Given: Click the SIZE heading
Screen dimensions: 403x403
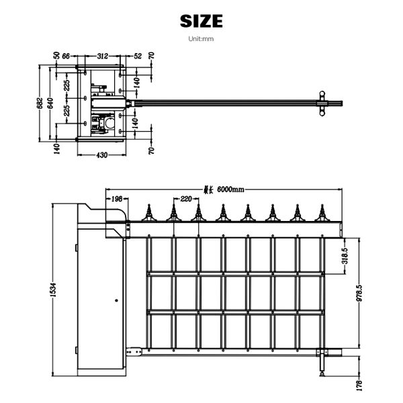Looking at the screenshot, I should [x=201, y=21].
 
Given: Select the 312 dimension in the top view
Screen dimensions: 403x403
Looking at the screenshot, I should [x=103, y=57].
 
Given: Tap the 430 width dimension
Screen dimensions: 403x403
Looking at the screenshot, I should [x=101, y=155].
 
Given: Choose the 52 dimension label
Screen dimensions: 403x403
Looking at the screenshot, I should [x=138, y=57].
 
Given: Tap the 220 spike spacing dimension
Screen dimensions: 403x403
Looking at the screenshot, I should [x=185, y=199].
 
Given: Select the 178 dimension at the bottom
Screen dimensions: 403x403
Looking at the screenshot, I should [x=360, y=384].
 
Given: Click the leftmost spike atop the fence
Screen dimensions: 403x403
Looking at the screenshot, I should [x=150, y=214].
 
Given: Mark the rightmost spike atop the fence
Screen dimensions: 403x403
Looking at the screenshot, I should [x=321, y=214].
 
